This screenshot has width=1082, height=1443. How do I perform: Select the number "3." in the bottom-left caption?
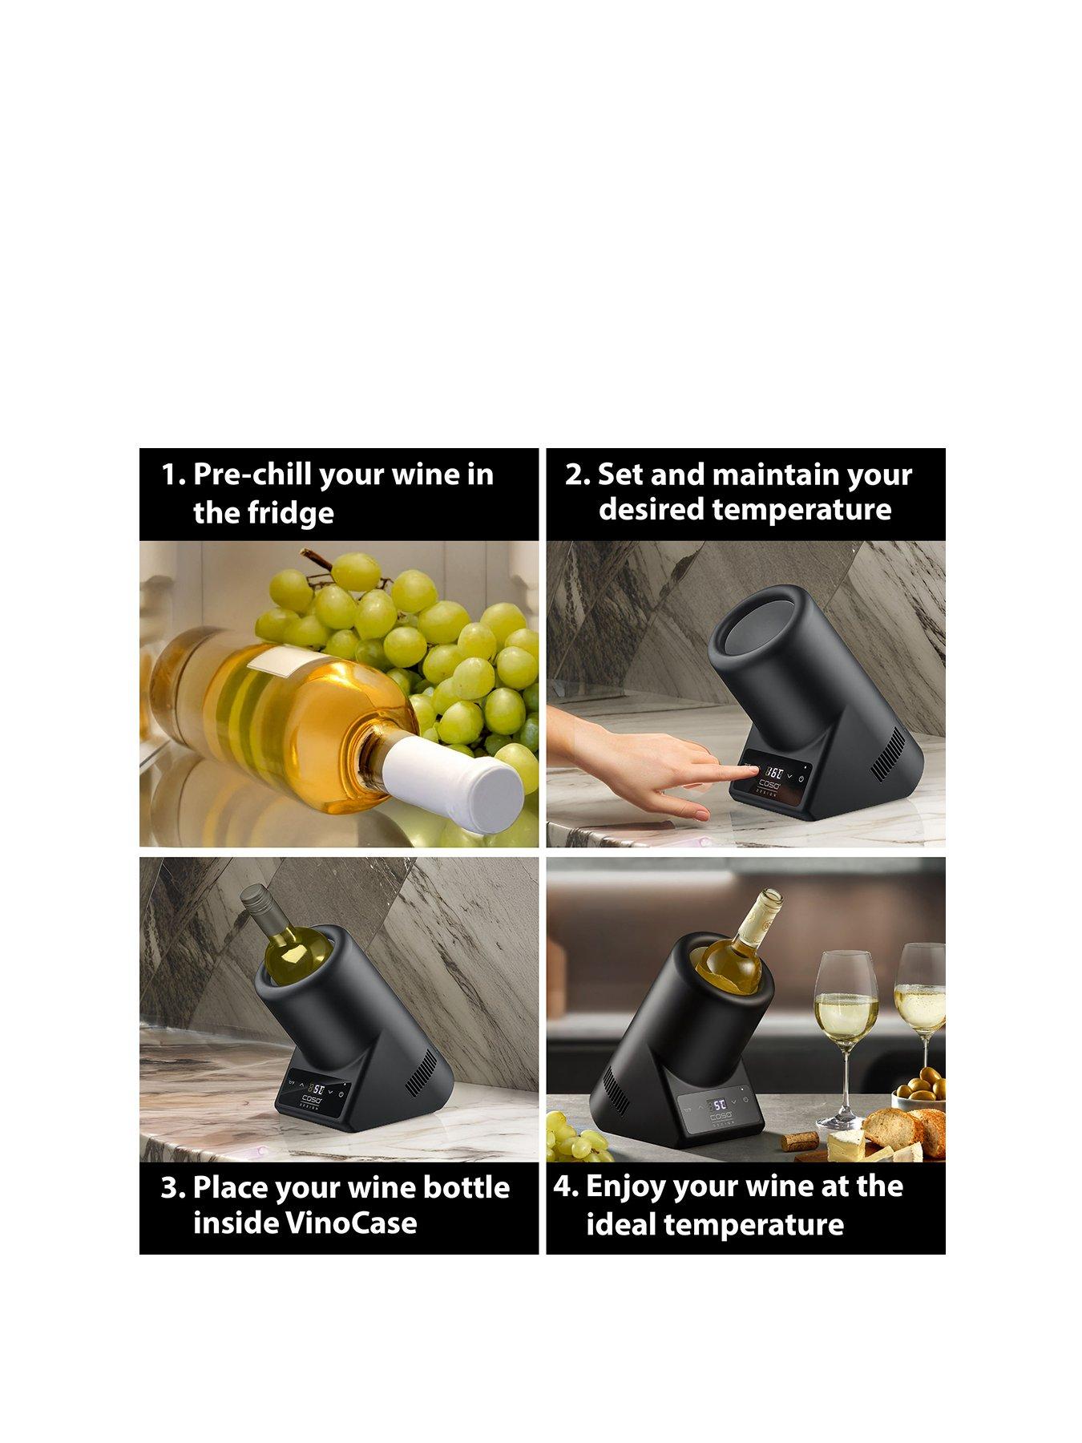tap(172, 1187)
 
